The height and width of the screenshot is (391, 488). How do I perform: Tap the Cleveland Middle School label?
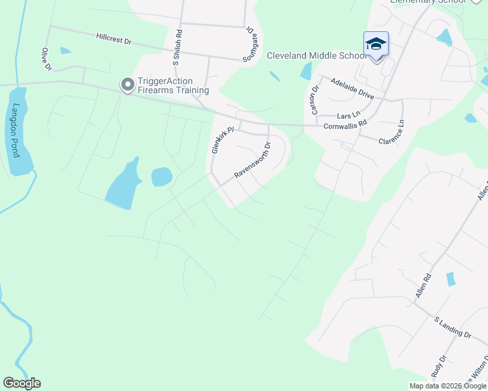click(x=317, y=55)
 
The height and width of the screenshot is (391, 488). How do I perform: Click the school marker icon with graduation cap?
click(x=376, y=44)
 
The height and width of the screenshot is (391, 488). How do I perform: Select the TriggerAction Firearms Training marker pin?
click(x=127, y=84)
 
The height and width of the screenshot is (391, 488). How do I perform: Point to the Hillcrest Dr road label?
click(x=114, y=40)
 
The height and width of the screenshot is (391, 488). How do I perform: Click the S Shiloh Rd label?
click(x=177, y=48)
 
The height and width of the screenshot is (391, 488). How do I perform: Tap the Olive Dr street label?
click(x=46, y=59)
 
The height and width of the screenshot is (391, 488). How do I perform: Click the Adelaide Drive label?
click(x=352, y=88)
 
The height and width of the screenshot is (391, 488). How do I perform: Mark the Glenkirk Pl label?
click(x=222, y=140)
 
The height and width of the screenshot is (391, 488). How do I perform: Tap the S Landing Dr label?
click(x=452, y=327)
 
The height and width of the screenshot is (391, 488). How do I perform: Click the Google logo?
click(x=22, y=383)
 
